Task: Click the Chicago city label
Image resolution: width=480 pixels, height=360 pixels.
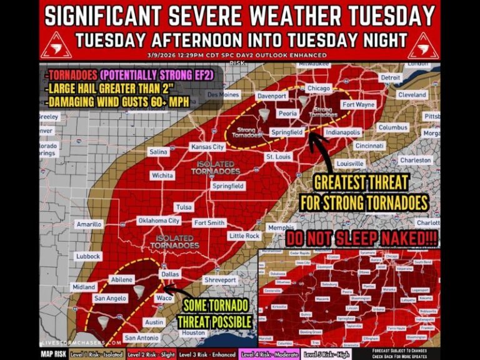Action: (319, 89)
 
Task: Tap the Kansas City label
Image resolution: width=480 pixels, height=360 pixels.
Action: (207, 147)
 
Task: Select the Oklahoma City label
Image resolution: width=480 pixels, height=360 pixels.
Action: (159, 221)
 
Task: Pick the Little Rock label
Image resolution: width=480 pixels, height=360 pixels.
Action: (244, 236)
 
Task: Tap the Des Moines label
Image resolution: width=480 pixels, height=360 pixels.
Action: (223, 94)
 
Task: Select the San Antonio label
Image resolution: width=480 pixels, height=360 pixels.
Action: (142, 337)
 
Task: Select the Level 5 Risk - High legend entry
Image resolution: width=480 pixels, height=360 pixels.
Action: (326, 354)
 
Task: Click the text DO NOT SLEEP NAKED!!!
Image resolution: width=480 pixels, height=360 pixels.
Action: (361, 239)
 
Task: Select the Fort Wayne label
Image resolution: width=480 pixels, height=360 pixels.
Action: (358, 105)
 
